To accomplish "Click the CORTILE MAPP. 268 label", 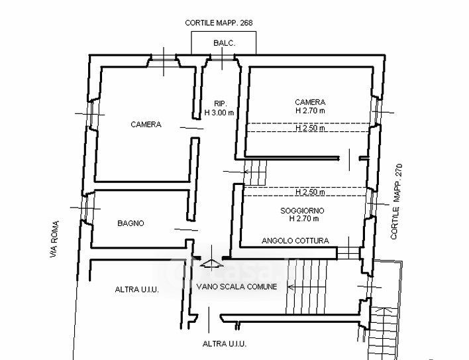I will coord(219,23).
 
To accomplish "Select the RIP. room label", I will coord(221,103).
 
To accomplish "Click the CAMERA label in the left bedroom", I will coord(146,125).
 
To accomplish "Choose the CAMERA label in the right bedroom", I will coord(310,102).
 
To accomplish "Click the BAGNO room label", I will coord(130,223).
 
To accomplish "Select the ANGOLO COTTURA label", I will coord(295,241).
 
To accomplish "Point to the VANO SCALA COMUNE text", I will coord(236,286).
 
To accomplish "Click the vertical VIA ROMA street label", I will coord(55,239).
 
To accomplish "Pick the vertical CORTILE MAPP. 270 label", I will coord(398,202).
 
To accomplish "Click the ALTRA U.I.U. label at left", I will coord(136,290).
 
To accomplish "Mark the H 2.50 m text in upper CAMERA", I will coord(310,128).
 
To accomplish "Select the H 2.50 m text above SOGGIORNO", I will coord(310,192).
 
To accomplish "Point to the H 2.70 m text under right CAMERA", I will coord(310,111).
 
